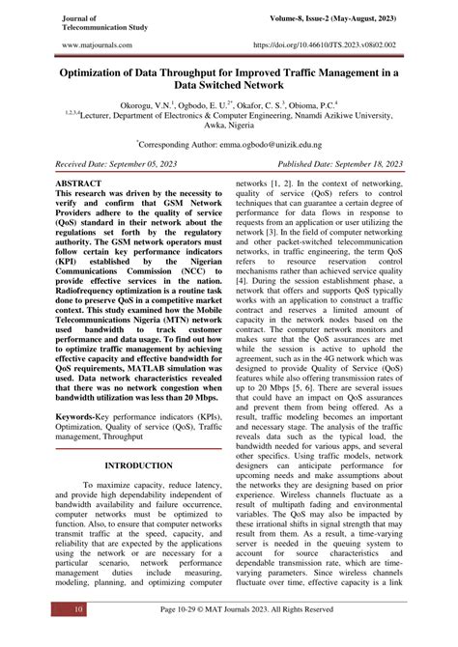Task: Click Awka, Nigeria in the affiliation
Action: click(x=228, y=125)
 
